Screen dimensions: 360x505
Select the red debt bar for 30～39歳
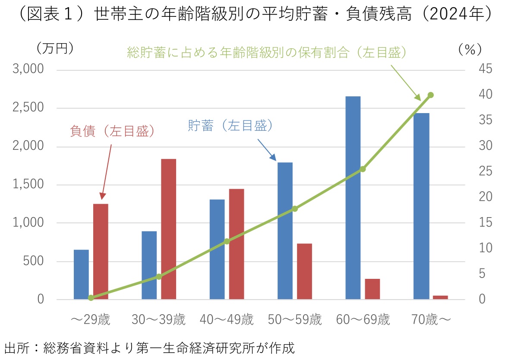click(168, 229)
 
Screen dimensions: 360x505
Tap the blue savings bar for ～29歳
click(81, 275)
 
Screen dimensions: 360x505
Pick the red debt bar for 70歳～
click(441, 297)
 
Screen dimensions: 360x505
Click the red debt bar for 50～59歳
click(304, 271)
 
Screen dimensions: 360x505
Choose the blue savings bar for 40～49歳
click(217, 249)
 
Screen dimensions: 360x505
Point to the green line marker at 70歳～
click(430, 95)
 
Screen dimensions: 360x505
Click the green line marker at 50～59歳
click(295, 208)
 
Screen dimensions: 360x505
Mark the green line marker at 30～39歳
click(159, 276)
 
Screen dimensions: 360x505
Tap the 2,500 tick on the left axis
click(28, 108)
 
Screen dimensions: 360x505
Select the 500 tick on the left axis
click(35, 262)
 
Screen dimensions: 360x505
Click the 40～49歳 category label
click(227, 320)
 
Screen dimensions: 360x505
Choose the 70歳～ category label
click(430, 320)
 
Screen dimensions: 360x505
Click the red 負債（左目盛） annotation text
click(112, 131)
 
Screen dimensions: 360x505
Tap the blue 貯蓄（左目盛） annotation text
click(231, 126)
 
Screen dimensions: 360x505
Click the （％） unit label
click(470, 50)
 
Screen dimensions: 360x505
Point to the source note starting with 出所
click(149, 348)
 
